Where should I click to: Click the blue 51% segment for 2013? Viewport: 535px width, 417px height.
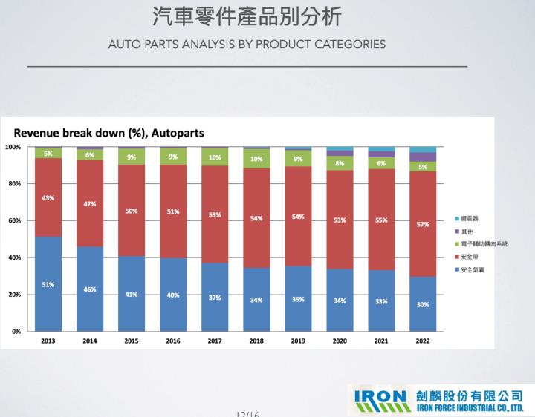coord(48,283)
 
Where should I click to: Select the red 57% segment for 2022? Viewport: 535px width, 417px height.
coord(423,224)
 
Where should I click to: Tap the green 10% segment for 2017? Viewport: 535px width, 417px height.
coord(214,157)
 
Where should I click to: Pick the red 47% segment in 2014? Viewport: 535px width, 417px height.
coord(90,203)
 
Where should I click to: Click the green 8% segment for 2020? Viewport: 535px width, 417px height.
coord(340,163)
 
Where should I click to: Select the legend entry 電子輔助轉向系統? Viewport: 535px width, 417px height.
coord(484,244)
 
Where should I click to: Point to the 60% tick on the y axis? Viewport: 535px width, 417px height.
coord(14,220)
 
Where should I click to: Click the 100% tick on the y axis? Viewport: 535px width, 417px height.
coord(13,147)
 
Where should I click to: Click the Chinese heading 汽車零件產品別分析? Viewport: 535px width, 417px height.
coord(247,16)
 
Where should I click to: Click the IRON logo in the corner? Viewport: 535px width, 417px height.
coord(383,398)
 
